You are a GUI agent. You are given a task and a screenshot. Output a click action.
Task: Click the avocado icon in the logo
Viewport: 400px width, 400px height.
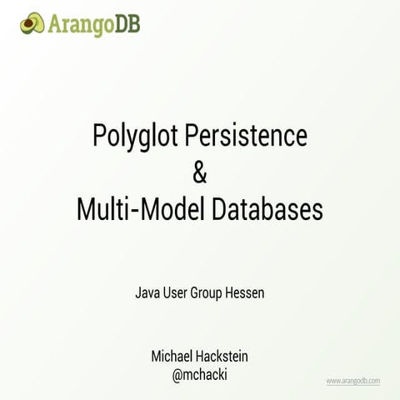(x=32, y=22)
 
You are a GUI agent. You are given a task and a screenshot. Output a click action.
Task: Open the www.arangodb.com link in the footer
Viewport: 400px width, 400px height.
(x=352, y=381)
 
